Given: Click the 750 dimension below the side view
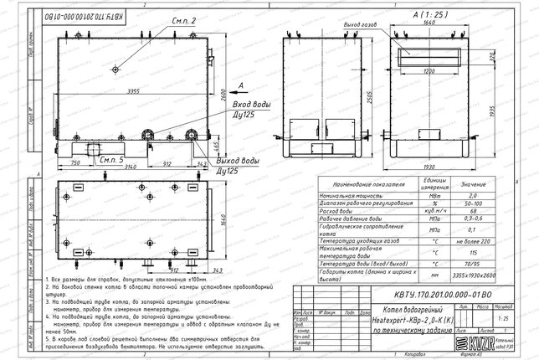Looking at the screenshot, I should click(75, 163).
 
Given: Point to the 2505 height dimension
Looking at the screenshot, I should click(290, 95).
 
